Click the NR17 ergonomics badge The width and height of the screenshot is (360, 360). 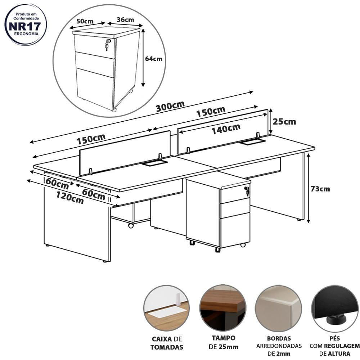[25, 24]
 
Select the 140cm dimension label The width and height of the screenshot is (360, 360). [226, 129]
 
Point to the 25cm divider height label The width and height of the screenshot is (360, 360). [284, 121]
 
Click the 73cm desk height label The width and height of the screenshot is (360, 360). [320, 189]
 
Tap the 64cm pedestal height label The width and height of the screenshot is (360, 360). [154, 59]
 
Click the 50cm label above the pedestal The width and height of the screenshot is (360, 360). [85, 21]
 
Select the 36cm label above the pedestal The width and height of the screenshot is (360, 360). [125, 20]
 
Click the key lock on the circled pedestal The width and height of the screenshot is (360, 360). [107, 44]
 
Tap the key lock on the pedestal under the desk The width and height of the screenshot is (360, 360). [247, 191]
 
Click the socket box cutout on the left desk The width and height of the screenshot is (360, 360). [154, 163]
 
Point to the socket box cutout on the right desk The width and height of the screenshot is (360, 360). [252, 142]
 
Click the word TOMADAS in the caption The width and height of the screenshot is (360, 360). [167, 347]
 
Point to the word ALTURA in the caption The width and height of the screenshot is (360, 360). [339, 354]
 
